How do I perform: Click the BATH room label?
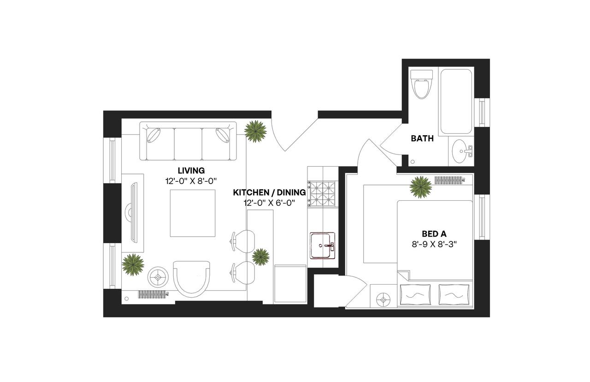[x=422, y=138]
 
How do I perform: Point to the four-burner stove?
[x=322, y=193]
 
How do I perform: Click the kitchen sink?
[x=322, y=245]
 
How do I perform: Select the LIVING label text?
[x=191, y=170]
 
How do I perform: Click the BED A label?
[x=434, y=234]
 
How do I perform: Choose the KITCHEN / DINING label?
[x=269, y=192]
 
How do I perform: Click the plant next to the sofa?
[x=255, y=131]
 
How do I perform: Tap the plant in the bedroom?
[x=421, y=186]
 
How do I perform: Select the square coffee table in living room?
[x=193, y=213]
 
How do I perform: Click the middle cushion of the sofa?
[x=188, y=143]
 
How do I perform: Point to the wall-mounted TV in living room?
[x=133, y=213]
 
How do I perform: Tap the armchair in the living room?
[x=191, y=278]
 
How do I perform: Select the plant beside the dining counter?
[x=260, y=257]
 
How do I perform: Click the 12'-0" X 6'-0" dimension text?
[x=269, y=202]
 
